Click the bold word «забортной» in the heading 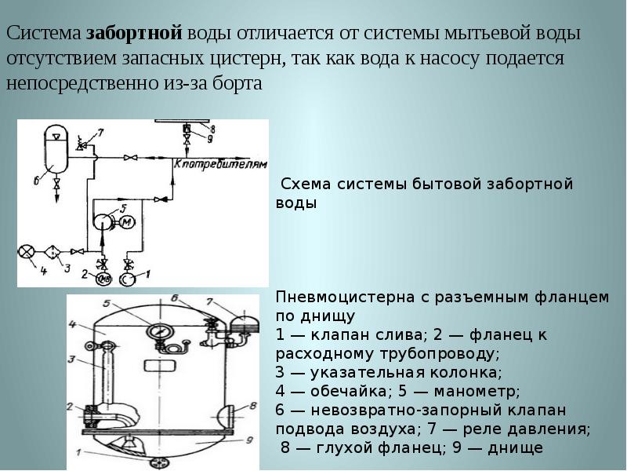[x=134, y=35]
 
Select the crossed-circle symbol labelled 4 [x=27, y=252]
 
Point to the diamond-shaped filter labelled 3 [x=53, y=251]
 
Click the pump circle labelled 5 [x=102, y=222]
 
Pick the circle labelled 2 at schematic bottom [x=103, y=278]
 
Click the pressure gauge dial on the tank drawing [x=161, y=330]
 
